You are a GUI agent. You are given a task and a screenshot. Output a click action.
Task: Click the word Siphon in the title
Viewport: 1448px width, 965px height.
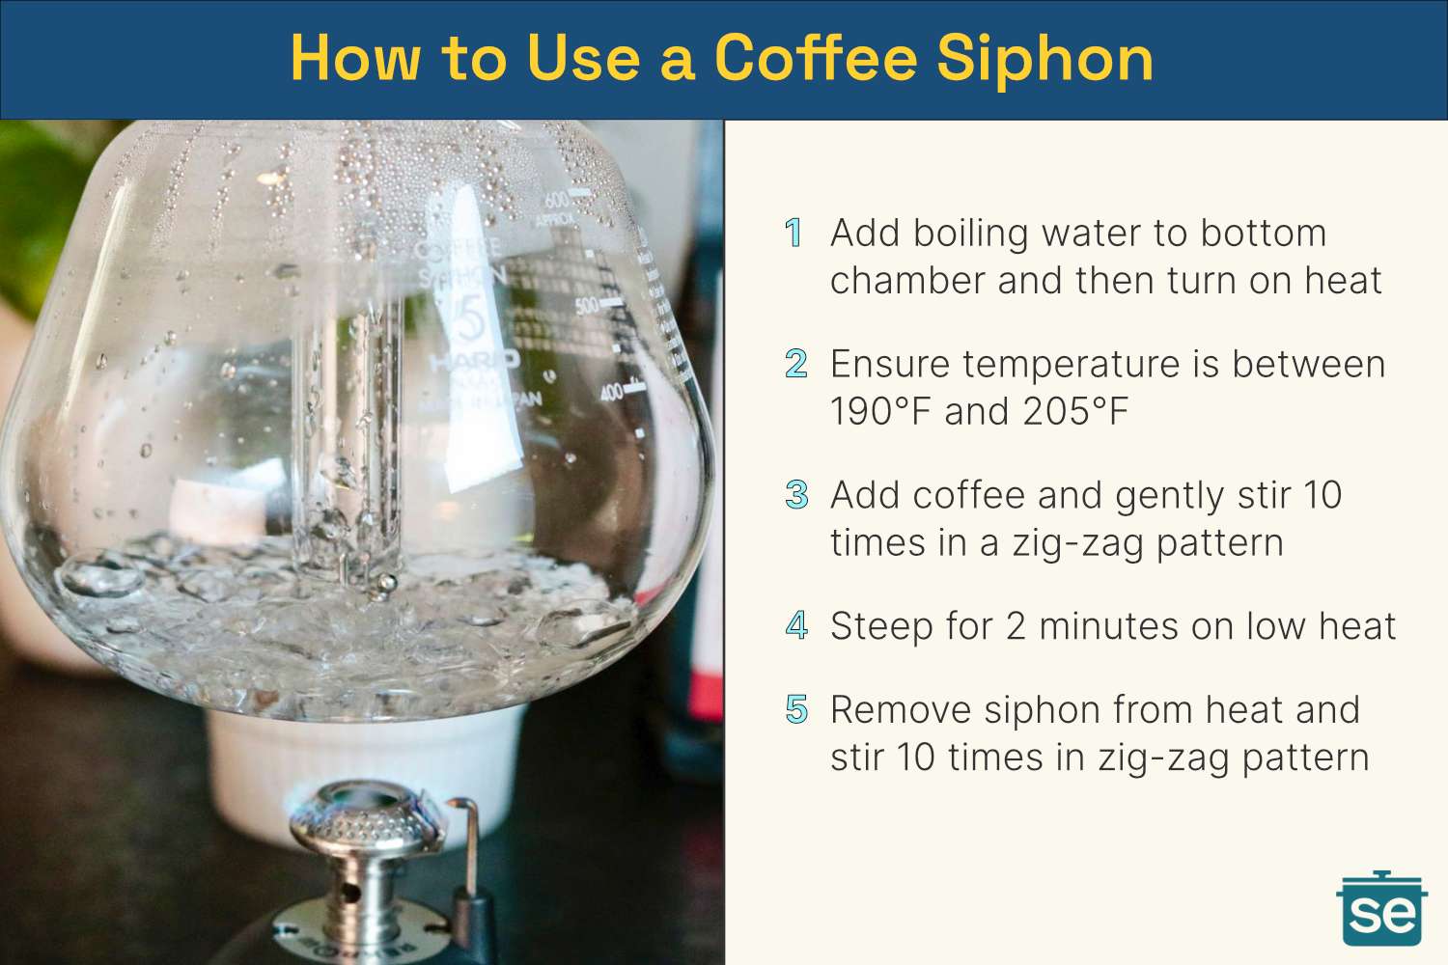1044,58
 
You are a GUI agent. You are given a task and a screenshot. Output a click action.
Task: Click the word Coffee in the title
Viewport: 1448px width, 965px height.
816,58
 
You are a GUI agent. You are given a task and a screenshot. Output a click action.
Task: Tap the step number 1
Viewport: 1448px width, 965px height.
794,233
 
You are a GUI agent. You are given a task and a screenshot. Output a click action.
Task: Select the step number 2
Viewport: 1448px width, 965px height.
795,364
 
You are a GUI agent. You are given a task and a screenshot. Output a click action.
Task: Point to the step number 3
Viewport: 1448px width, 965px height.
795,495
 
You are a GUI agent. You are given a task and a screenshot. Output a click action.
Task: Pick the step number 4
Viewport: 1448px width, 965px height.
795,625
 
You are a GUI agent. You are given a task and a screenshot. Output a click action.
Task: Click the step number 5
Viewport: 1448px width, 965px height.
795,709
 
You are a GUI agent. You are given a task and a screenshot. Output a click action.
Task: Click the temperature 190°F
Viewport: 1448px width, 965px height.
880,412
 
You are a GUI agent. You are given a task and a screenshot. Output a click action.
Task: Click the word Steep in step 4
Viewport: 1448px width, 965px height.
882,626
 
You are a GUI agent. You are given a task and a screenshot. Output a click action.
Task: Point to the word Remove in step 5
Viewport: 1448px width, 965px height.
900,710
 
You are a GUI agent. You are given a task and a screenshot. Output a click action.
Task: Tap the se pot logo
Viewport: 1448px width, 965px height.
1381,909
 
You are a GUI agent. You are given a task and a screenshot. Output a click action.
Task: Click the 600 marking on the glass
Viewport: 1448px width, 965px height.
557,200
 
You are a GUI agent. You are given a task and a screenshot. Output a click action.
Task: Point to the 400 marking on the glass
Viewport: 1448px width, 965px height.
611,392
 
